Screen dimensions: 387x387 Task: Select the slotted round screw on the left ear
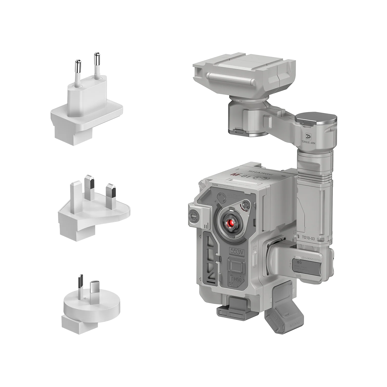tap(194, 215)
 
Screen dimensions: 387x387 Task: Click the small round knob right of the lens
tap(247, 205)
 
